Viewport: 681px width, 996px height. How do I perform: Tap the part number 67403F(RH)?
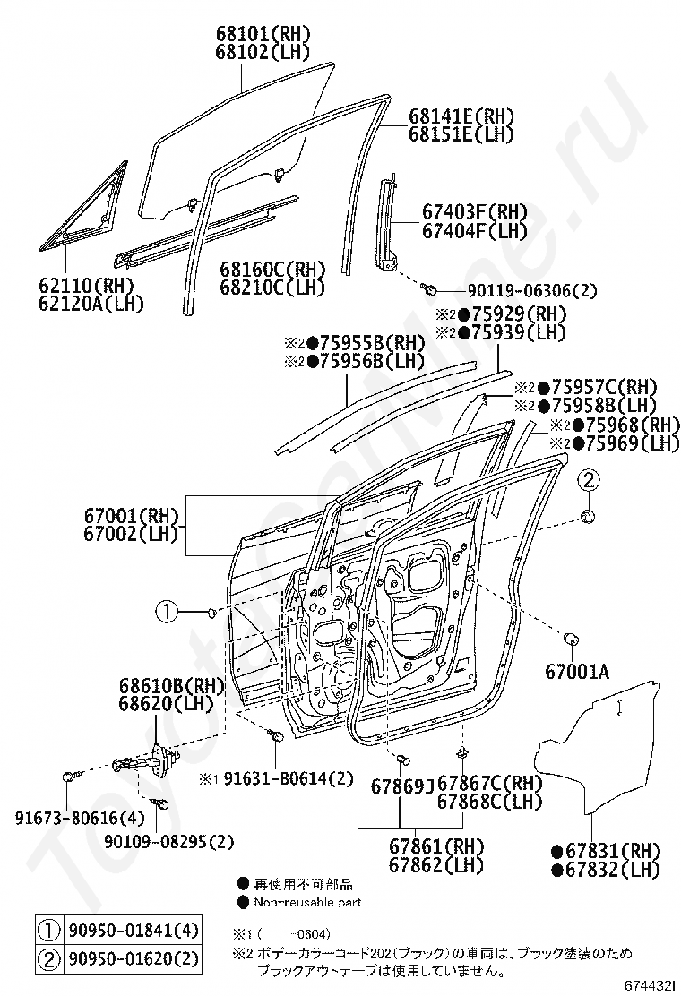pos(475,211)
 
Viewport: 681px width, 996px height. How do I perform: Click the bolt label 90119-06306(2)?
pos(532,291)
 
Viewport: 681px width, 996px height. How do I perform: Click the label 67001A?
pos(577,671)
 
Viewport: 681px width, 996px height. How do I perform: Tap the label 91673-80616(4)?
pos(80,818)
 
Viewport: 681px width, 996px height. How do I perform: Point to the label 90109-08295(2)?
pos(169,842)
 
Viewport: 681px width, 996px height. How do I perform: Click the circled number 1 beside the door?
pos(167,613)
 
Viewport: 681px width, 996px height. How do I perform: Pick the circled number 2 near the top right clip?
pos(588,480)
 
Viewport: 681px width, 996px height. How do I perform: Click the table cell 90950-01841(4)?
pos(132,932)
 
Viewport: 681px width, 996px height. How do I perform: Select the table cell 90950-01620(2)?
pos(132,958)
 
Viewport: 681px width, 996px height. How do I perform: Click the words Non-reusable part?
pos(308,902)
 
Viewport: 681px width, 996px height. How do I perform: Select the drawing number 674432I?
pos(650,986)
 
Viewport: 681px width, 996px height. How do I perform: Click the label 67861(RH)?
pos(436,846)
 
